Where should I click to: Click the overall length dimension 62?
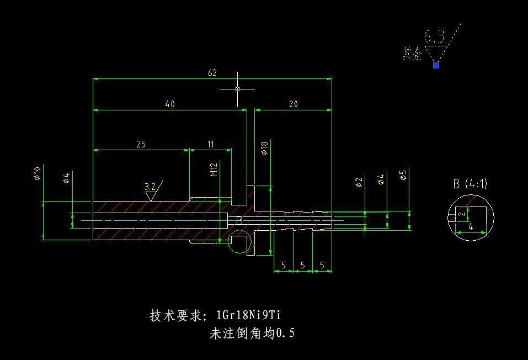coord(212,73)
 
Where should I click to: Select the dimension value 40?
coord(170,104)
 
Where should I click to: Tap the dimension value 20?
coord(294,104)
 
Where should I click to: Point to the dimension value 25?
coord(141,144)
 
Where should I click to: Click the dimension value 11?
coord(211,144)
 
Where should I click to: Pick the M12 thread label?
coord(214,170)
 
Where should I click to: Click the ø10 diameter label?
coord(37,173)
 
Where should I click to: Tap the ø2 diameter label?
coord(359,182)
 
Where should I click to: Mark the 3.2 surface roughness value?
coord(150,186)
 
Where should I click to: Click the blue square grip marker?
coord(436,65)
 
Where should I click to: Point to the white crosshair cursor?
coord(237,88)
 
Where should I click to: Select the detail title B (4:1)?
coord(470,184)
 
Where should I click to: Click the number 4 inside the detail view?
coord(470,227)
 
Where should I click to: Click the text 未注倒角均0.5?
coord(252,333)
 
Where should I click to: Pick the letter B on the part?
coord(239,220)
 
